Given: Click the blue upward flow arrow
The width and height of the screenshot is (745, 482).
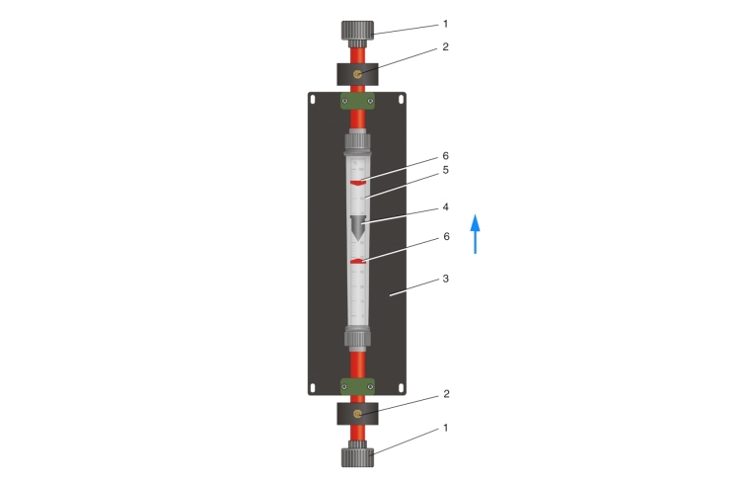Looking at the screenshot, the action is [475, 234].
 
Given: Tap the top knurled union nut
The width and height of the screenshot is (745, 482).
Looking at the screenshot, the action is [358, 32].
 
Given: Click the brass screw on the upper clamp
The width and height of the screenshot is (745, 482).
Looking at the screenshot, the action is [358, 74].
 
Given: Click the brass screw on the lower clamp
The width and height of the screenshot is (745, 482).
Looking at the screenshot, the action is [358, 414].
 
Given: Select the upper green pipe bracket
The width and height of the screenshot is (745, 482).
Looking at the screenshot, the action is [358, 101].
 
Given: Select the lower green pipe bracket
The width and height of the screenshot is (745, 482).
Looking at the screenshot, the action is [358, 386].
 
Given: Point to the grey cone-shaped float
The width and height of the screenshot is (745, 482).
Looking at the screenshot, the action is [358, 227].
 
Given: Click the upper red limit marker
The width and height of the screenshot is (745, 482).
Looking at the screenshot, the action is [358, 183].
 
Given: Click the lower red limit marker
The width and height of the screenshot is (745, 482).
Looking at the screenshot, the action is [358, 261].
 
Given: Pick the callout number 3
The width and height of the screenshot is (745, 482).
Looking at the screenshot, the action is [446, 279].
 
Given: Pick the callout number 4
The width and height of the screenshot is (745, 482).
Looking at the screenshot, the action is [446, 207].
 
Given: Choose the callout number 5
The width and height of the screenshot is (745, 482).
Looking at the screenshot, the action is [446, 170].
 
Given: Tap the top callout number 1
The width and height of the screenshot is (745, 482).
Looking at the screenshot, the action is [446, 24].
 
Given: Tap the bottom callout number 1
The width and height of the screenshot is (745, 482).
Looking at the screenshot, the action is [446, 428].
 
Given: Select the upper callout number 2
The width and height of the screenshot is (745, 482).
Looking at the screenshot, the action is [446, 46].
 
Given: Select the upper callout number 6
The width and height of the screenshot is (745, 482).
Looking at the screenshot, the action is [446, 156].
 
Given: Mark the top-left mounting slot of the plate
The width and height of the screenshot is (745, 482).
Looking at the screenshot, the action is [313, 99].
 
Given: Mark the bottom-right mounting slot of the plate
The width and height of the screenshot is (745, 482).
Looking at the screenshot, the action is [402, 388].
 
